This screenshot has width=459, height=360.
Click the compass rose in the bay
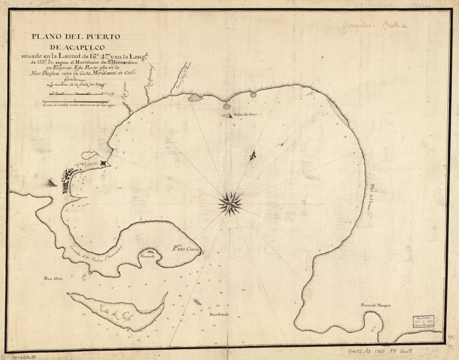(x=230, y=204)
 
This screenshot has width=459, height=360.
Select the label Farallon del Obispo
(x=245, y=114)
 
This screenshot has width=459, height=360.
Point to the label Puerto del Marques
(x=376, y=305)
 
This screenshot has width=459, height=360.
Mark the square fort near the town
(x=103, y=164)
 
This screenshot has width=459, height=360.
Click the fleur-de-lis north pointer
(x=253, y=156)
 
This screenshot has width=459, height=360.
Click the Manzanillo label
(x=148, y=257)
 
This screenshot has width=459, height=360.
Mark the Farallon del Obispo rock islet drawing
(x=227, y=116)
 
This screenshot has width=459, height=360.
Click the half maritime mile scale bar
(x=76, y=101)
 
